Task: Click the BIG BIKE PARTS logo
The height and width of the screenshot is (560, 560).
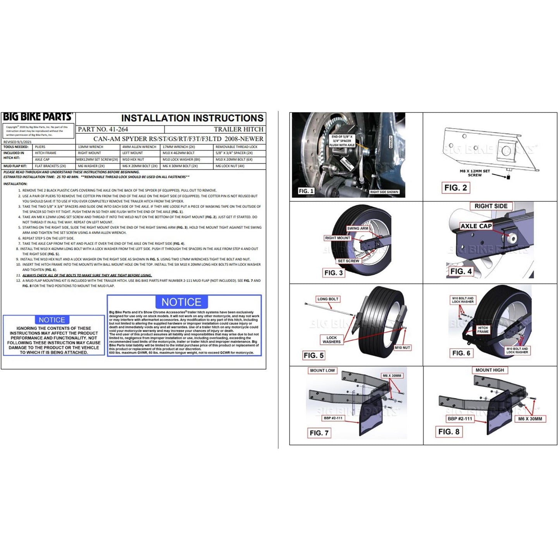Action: click(38, 117)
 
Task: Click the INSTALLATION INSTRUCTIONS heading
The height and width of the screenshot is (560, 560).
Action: click(192, 118)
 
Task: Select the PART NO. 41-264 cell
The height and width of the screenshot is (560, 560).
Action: click(103, 129)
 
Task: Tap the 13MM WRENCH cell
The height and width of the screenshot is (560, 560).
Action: click(90, 147)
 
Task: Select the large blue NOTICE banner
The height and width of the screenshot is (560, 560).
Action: click(181, 302)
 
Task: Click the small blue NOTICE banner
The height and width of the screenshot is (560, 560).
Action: click(52, 320)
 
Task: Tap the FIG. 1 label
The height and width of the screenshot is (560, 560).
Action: click(306, 191)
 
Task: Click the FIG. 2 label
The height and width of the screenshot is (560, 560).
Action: click(455, 188)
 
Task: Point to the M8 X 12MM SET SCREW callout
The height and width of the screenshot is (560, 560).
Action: click(475, 173)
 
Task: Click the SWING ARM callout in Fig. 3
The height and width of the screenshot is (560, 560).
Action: click(357, 228)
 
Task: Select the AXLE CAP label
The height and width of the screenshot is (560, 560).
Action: click(476, 226)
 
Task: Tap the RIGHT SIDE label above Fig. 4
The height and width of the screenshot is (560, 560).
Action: click(491, 206)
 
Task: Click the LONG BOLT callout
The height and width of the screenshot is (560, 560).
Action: click(328, 299)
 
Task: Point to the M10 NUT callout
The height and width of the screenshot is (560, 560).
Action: click(402, 348)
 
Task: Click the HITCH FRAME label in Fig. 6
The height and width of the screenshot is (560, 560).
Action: click(483, 329)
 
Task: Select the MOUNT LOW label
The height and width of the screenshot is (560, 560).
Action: click(322, 370)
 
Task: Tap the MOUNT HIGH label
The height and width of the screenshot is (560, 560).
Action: click(489, 370)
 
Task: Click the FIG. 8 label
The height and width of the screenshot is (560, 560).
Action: click(449, 431)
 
